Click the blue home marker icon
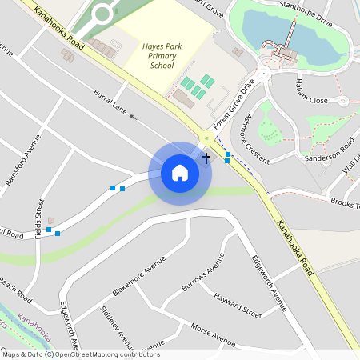click(180, 173)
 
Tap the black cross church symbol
click(206, 158)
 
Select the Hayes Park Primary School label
click(162, 56)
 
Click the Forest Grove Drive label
click(234, 105)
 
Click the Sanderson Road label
click(329, 152)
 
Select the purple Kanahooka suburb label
click(38, 326)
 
